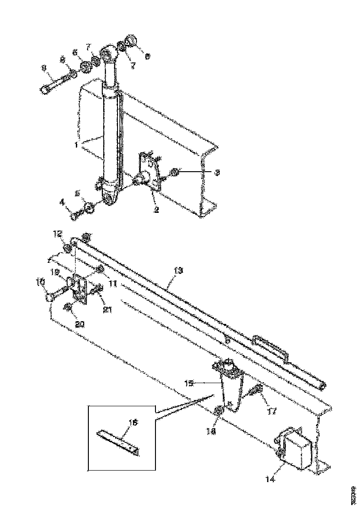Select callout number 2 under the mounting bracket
click(x=156, y=209)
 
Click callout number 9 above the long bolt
click(x=44, y=68)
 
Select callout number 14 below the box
click(x=271, y=480)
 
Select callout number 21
click(x=108, y=310)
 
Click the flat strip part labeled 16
click(x=118, y=442)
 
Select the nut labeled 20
click(x=67, y=307)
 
